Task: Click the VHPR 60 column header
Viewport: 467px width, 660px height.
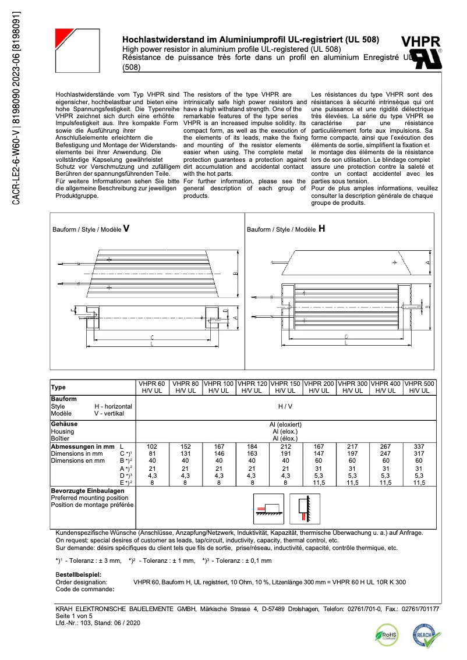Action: pyautogui.click(x=152, y=388)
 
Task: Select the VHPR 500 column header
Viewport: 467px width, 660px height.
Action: pyautogui.click(x=420, y=388)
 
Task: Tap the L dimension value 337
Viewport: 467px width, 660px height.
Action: pyautogui.click(x=420, y=445)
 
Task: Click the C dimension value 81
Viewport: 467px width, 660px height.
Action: pyautogui.click(x=152, y=453)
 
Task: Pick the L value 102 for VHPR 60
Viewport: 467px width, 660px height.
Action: pyautogui.click(x=152, y=445)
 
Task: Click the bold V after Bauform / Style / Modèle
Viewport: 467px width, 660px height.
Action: pyautogui.click(x=126, y=229)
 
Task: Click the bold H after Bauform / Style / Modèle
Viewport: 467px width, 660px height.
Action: pyautogui.click(x=321, y=229)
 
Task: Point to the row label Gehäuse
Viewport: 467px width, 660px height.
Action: pyautogui.click(x=64, y=424)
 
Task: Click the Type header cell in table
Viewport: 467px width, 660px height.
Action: pyautogui.click(x=59, y=387)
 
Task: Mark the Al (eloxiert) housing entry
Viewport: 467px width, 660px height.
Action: pyautogui.click(x=285, y=424)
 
